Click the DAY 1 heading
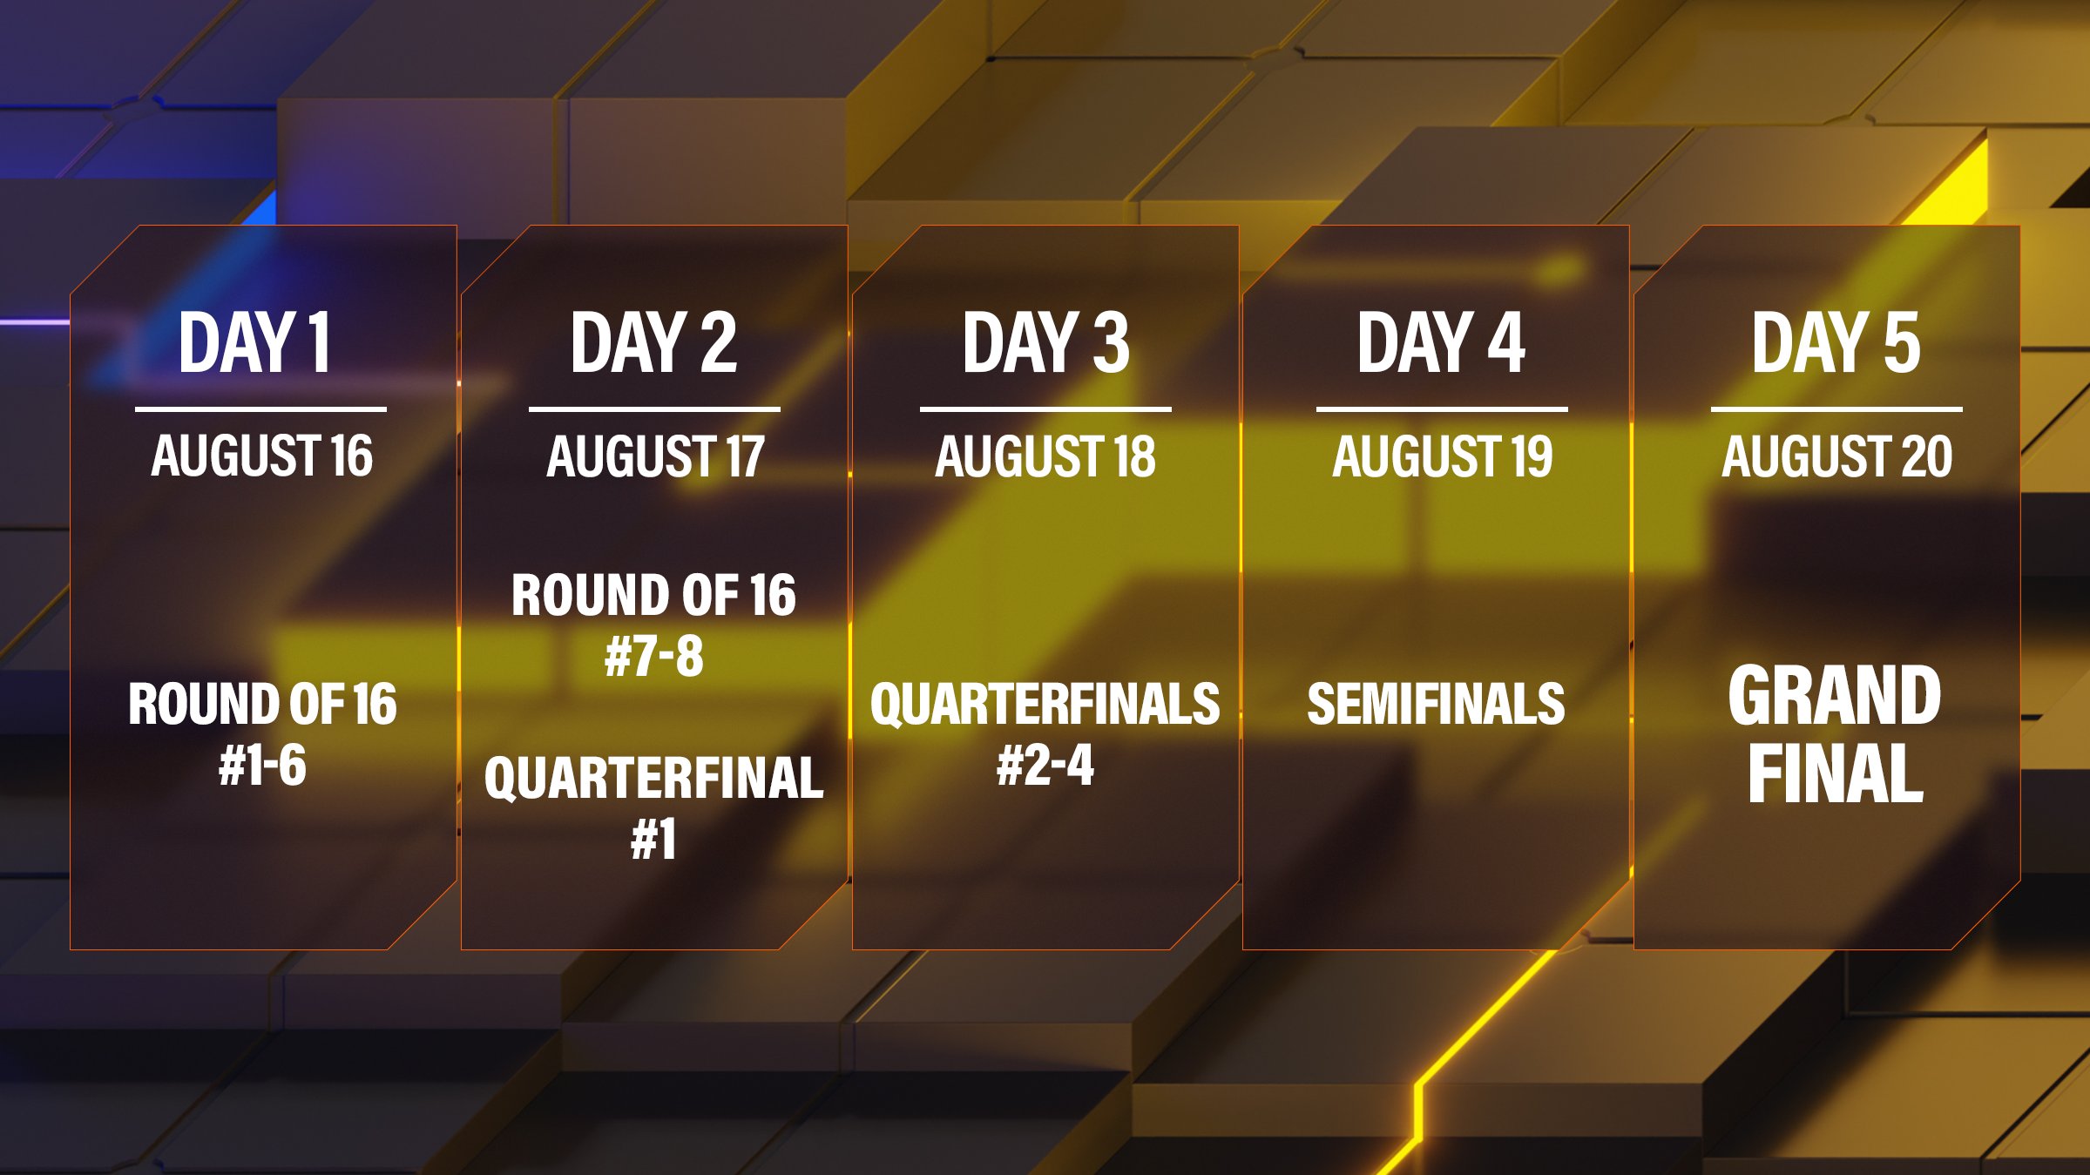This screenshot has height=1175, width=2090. click(x=254, y=342)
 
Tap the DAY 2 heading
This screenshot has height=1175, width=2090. click(x=653, y=342)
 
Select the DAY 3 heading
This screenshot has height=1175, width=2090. click(x=1045, y=342)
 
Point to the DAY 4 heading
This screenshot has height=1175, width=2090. click(x=1441, y=342)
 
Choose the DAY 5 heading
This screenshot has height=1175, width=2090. click(x=1836, y=342)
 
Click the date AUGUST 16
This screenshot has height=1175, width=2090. click(x=262, y=456)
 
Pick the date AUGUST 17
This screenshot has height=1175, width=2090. click(x=655, y=456)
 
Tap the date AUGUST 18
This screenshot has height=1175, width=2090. click(x=1045, y=456)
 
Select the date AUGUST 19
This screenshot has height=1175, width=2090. click(x=1443, y=456)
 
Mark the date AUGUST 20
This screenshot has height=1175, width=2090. click(x=1837, y=456)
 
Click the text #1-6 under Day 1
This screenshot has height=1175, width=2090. click(x=262, y=766)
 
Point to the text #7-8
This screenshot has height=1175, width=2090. click(x=654, y=656)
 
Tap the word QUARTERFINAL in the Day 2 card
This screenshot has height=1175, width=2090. click(x=654, y=778)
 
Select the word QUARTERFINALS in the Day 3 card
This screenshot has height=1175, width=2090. click(x=1045, y=704)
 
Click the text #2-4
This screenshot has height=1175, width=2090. click(x=1045, y=766)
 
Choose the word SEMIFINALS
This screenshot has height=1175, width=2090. click(x=1436, y=704)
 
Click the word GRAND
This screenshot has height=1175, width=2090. click(x=1835, y=695)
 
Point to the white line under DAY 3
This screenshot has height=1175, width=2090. click(x=1045, y=409)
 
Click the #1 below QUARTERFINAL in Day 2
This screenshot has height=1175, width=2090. click(x=653, y=840)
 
